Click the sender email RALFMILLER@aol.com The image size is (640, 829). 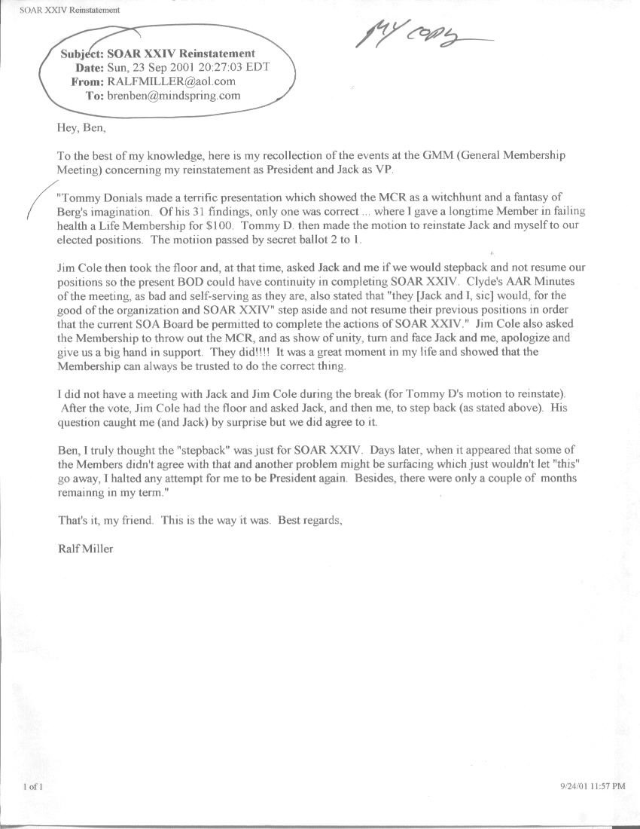[x=172, y=81]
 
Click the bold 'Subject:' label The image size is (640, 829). [x=82, y=54]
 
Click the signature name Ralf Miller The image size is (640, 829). [x=85, y=549]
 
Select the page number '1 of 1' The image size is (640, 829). [x=33, y=787]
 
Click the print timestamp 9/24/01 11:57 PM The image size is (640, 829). [x=593, y=786]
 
